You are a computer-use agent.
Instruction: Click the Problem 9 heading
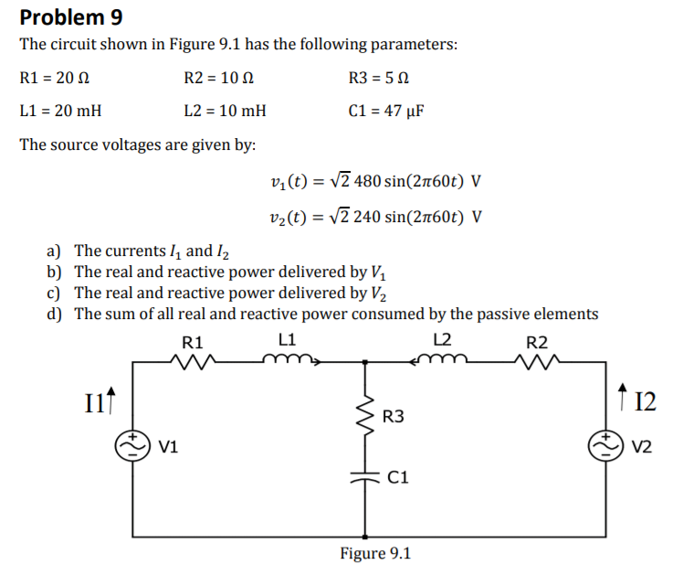[71, 17]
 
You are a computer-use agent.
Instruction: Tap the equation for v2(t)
[376, 218]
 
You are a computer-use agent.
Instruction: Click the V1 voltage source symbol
[134, 445]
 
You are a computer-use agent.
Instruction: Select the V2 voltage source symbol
[605, 445]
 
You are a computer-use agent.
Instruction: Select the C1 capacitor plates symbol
[367, 476]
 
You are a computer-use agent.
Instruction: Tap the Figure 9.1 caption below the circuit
[375, 553]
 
